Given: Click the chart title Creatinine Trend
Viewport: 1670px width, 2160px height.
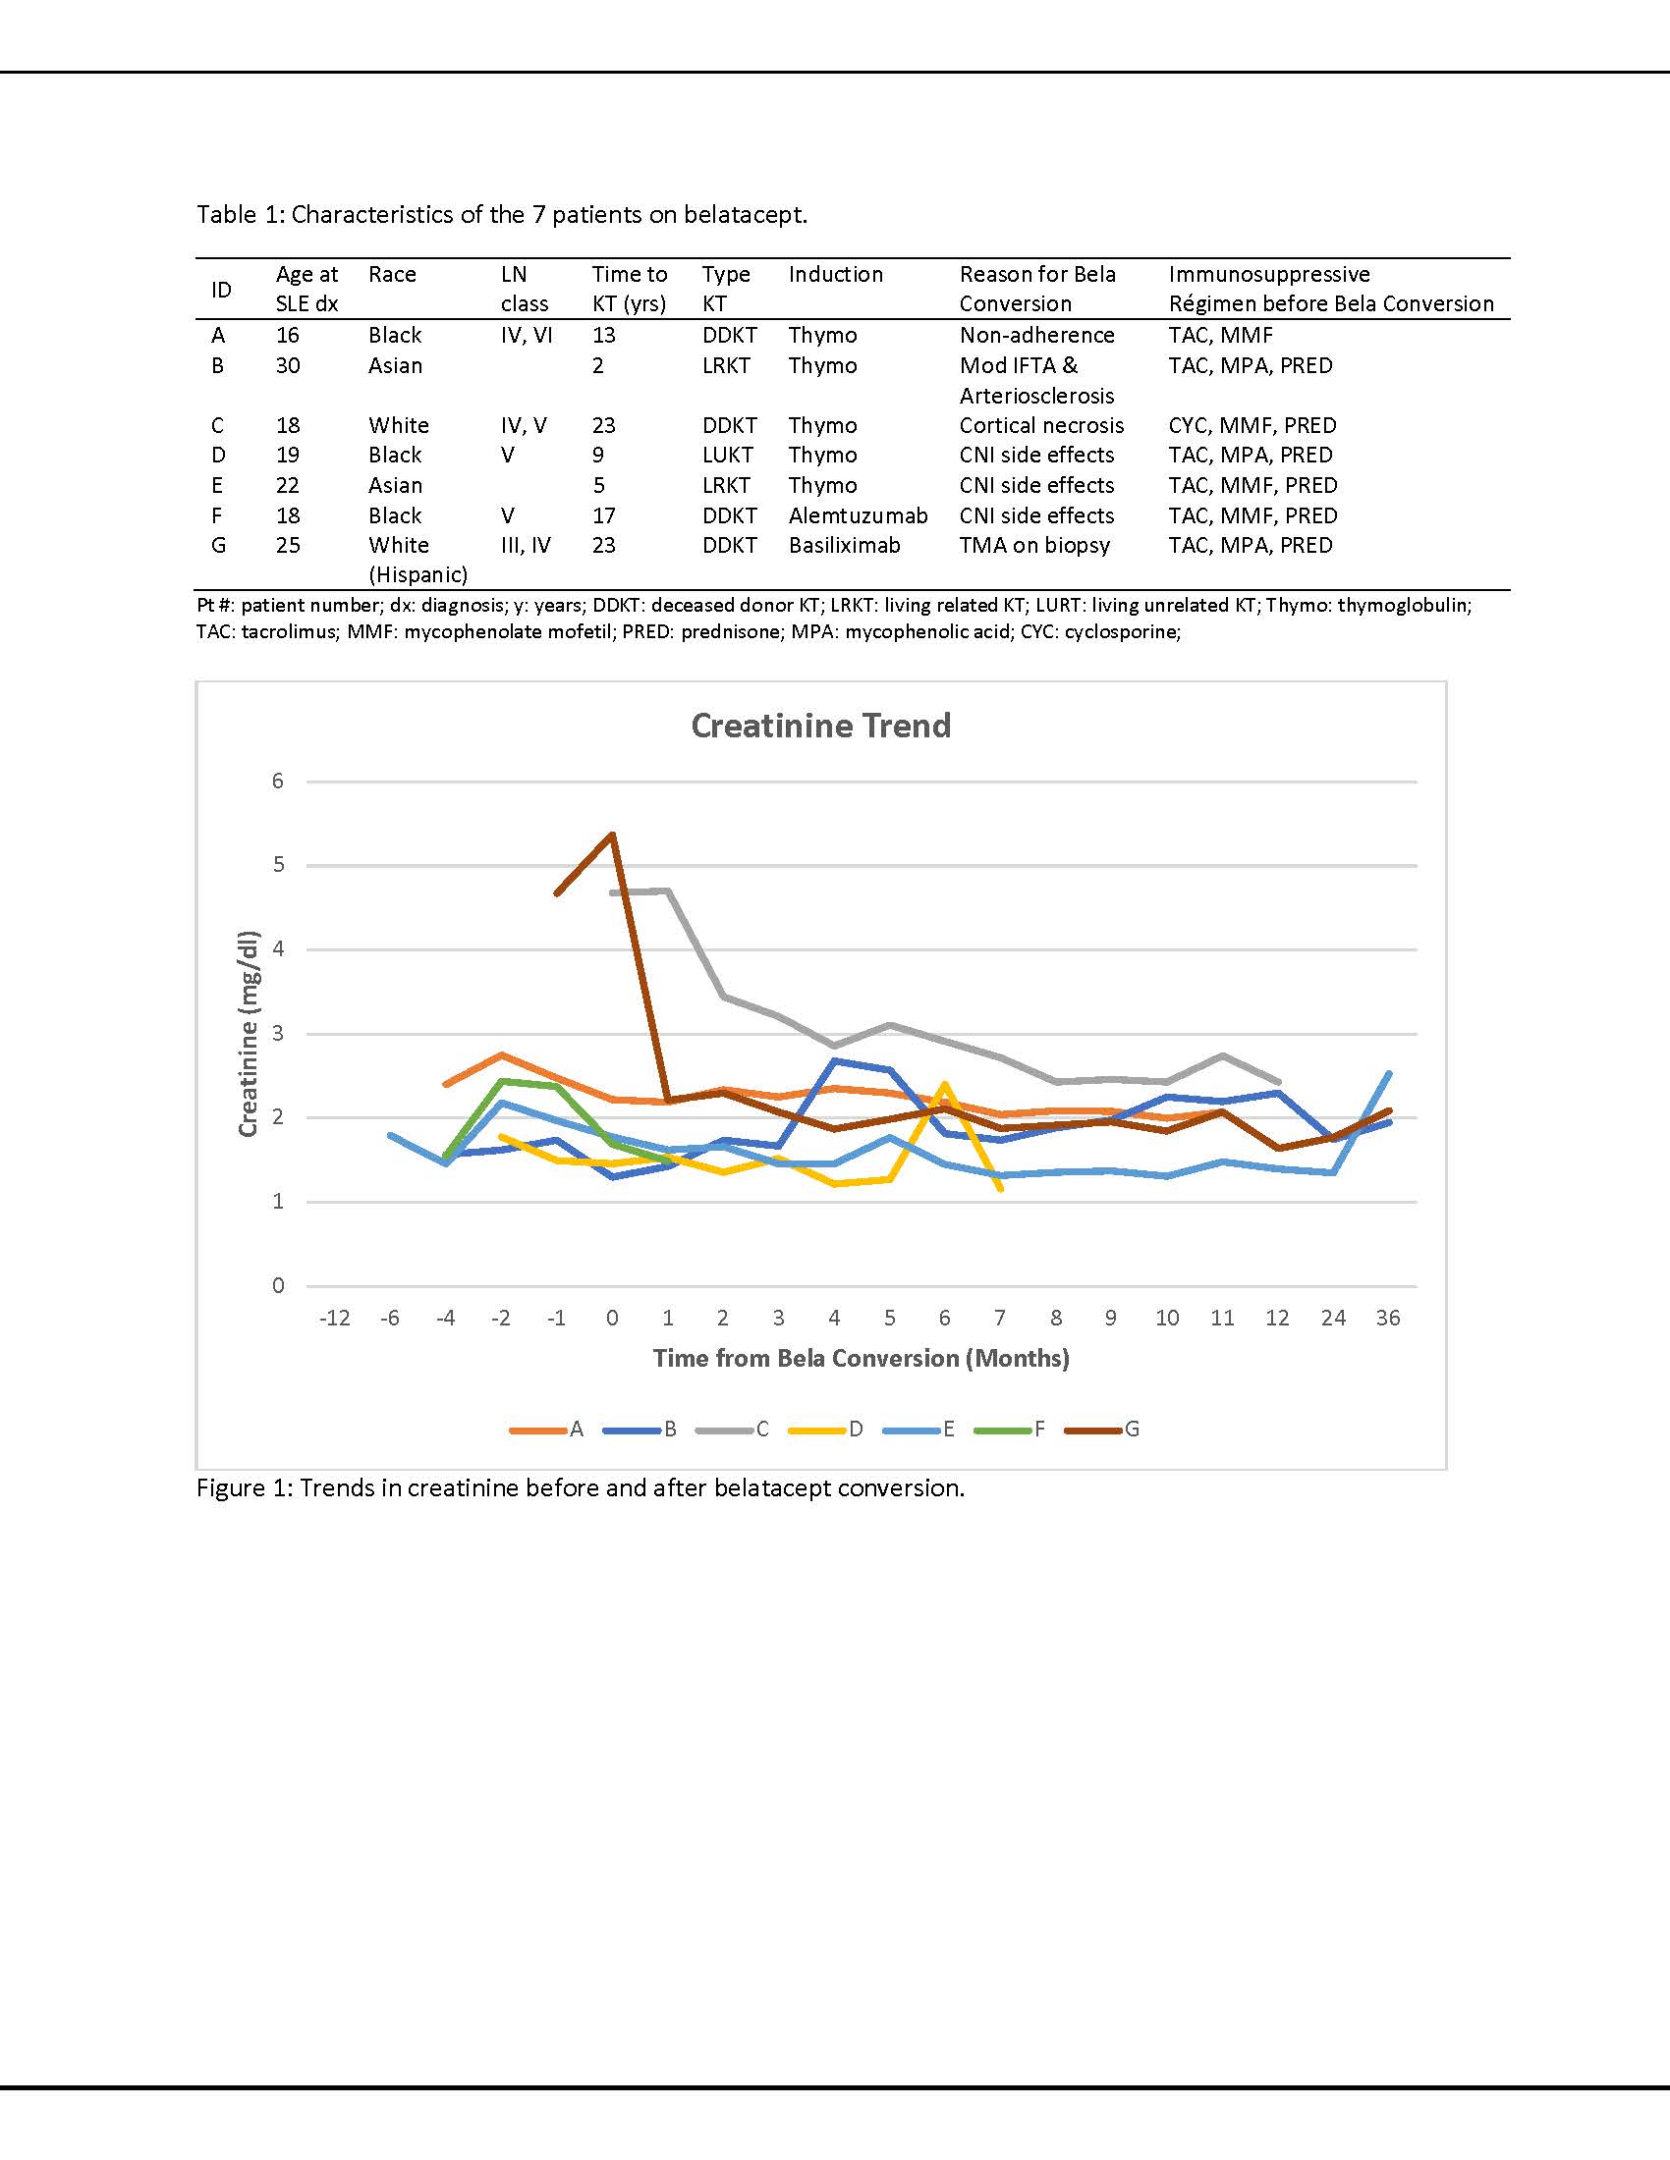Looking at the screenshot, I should point(820,726).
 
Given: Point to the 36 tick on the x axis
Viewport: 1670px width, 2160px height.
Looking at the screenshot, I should point(1387,1319).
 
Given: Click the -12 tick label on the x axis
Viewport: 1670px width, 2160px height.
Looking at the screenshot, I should point(334,1319).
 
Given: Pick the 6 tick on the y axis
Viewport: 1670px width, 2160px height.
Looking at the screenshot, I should point(278,782).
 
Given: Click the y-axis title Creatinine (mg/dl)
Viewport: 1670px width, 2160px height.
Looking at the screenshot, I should point(248,1034).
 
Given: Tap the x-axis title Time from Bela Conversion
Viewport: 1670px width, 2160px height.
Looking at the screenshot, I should point(861,1358).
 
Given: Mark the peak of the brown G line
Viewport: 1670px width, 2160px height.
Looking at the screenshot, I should point(612,834).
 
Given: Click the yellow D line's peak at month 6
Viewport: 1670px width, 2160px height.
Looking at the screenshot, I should point(945,1084).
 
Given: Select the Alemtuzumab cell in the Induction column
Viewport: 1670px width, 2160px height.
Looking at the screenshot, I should point(858,515).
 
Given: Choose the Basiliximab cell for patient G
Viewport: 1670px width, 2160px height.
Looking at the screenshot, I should point(844,545).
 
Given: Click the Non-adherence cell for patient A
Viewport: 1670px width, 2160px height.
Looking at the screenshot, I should point(1035,335).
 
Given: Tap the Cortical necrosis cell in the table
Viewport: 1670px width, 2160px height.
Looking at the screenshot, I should point(1040,425).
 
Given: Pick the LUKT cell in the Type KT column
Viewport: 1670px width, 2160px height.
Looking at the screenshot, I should point(727,455).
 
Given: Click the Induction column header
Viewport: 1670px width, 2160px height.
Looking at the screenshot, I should point(835,274).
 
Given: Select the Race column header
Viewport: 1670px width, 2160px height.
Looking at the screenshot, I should point(392,274).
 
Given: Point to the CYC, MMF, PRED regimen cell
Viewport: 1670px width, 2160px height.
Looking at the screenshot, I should point(1252,425).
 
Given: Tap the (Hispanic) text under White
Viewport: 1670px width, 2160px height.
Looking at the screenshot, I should point(417,574).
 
